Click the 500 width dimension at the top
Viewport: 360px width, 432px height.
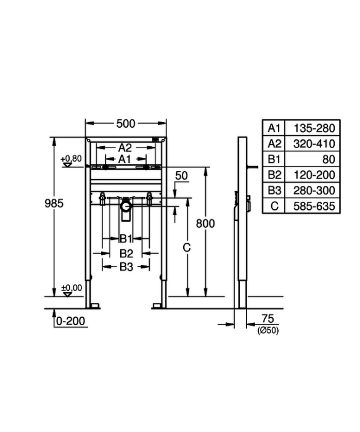[126, 123]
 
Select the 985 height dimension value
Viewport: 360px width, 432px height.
[54, 203]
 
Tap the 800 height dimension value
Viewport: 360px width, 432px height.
[205, 223]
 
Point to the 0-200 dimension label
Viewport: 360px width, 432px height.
[71, 321]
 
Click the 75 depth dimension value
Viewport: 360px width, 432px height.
[268, 318]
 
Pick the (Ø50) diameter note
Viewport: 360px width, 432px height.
[268, 330]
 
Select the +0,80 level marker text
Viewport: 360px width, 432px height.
[72, 159]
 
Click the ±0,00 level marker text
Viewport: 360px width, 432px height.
[72, 288]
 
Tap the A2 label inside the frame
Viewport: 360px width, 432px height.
[125, 148]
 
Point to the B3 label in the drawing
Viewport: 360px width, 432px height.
[126, 267]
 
